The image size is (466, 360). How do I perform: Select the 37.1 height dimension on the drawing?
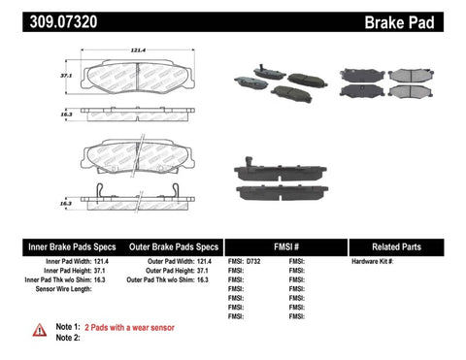pos(65,74)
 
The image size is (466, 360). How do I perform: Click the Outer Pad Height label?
pos(174,271)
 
